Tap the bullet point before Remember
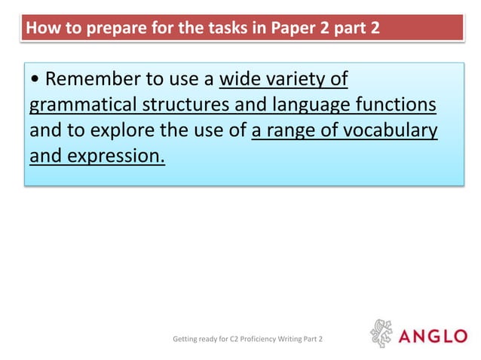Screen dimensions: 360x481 35,80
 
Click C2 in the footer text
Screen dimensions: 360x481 221,340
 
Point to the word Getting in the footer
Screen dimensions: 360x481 186,340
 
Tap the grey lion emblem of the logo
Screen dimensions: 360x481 382,334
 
